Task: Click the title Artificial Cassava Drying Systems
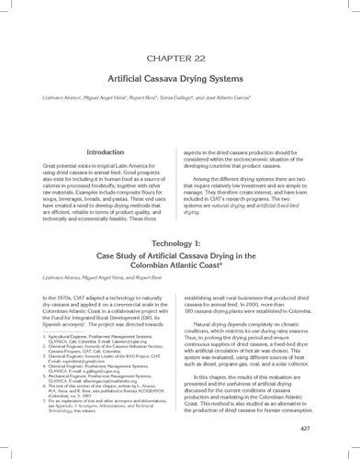click(x=180, y=78)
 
